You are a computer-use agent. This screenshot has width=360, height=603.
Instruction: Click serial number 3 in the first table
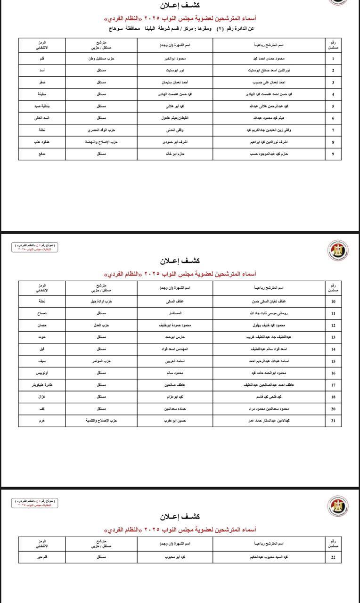coord(333,82)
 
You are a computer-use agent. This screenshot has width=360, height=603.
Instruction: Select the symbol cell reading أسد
coord(42,71)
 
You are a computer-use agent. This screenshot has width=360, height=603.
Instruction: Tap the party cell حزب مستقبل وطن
coord(101,59)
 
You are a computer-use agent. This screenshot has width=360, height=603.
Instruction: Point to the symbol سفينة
coord(42,94)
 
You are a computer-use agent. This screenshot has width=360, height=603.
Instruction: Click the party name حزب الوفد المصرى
coord(101,130)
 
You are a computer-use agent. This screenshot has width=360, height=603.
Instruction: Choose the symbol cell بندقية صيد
coord(42,106)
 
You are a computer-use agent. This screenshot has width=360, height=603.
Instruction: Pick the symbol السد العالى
coord(42,118)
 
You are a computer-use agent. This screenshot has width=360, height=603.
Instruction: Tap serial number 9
coord(333,154)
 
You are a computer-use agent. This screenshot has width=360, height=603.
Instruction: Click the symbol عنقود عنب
coord(42,142)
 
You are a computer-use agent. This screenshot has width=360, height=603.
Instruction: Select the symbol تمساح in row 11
coord(42,313)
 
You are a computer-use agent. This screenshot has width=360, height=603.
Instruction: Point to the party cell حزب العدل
coord(101,325)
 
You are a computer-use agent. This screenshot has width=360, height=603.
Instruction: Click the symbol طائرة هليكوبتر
coord(42,385)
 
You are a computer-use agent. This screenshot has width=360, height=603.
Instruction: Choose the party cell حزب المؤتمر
coord(101,361)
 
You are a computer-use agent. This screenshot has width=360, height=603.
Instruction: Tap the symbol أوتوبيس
coord(42,373)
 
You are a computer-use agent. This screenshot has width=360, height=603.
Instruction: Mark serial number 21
coord(333,421)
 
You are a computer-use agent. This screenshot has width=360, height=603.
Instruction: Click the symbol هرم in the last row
coord(42,421)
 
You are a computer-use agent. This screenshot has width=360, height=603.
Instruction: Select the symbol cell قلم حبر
coord(42,557)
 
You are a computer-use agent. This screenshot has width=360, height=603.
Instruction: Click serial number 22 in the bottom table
coord(333,557)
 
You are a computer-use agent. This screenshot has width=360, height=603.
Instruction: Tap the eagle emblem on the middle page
coord(338,251)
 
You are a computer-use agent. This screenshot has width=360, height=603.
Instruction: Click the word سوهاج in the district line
coord(117,29)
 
